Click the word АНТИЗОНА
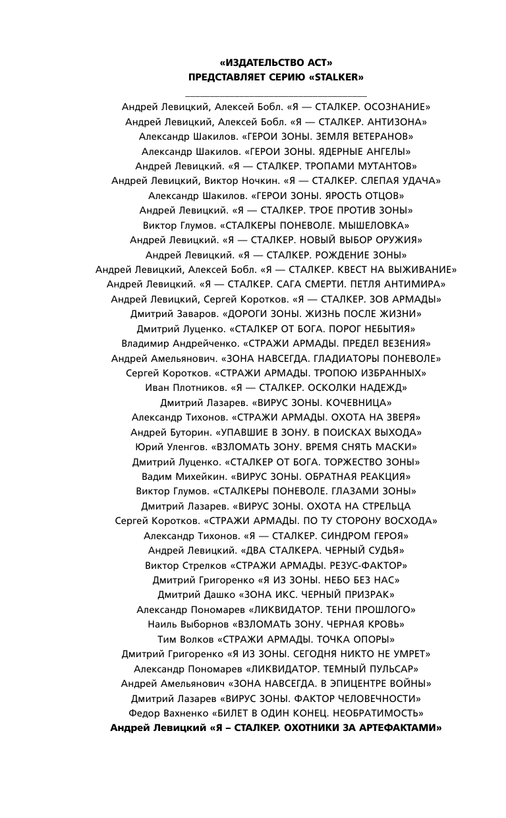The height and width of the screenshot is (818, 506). (x=396, y=122)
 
